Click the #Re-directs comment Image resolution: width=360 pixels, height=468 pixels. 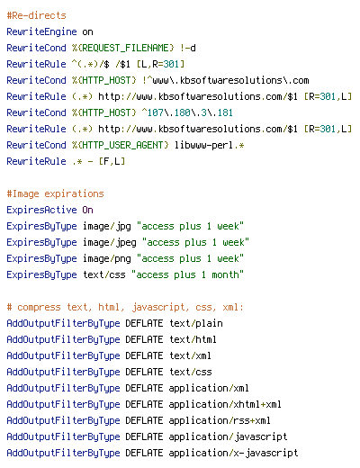pyautogui.click(x=36, y=15)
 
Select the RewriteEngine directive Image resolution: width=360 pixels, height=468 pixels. pyautogui.click(x=41, y=31)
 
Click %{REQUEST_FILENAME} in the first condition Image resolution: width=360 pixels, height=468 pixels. pyautogui.click(x=123, y=48)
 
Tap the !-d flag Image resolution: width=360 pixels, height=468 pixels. pyautogui.click(x=188, y=48)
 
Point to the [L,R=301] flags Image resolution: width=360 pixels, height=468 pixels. pyautogui.click(x=160, y=64)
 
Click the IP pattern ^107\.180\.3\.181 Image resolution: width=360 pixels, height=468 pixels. pyautogui.click(x=187, y=112)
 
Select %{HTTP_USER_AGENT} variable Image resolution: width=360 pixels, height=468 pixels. pyautogui.click(x=121, y=145)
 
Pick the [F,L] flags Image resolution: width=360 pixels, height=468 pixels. pyautogui.click(x=112, y=161)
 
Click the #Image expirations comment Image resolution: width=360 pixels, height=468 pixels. pyautogui.click(x=55, y=193)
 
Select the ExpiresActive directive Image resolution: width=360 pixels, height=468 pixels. pyautogui.click(x=41, y=210)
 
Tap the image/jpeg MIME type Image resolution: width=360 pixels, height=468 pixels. pyautogui.click(x=110, y=242)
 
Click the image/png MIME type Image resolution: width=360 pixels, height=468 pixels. pyautogui.click(x=107, y=258)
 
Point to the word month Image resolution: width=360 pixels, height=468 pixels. pyautogui.click(x=225, y=274)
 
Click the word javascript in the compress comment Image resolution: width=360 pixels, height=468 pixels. pyautogui.click(x=158, y=307)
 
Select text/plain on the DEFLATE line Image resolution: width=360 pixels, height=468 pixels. pyautogui.click(x=196, y=323)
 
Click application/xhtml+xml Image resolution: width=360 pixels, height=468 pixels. pyautogui.click(x=225, y=404)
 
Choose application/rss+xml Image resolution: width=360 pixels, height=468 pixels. pyautogui.click(x=220, y=420)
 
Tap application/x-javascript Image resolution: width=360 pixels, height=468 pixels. pyautogui.click(x=233, y=453)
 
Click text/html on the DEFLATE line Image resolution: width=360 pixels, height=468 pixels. pyautogui.click(x=193, y=339)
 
